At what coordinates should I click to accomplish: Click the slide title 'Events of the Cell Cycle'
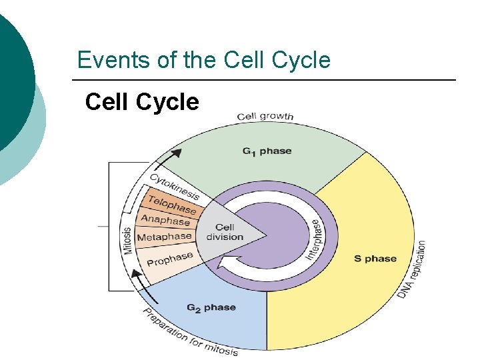[203, 60]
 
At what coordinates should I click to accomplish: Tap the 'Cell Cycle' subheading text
[142, 102]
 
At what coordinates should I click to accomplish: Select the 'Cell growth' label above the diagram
[265, 117]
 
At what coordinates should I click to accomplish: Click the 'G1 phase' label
[267, 151]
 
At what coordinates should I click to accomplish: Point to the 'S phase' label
[375, 259]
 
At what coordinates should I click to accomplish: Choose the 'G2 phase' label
[211, 307]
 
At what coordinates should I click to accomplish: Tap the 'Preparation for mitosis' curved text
[190, 333]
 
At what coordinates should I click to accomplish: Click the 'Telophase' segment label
[172, 205]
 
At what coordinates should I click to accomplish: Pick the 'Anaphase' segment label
[165, 220]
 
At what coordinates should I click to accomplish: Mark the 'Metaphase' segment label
[164, 237]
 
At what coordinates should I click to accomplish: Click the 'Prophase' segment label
[169, 258]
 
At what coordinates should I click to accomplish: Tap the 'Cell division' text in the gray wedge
[225, 233]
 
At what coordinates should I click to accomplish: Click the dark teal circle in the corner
[10, 73]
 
